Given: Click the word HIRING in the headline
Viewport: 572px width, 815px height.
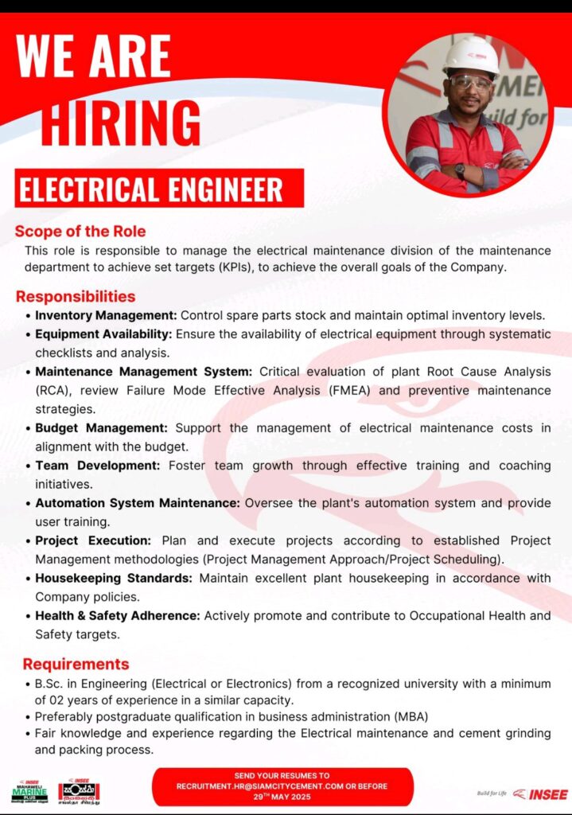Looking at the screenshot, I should point(121,124).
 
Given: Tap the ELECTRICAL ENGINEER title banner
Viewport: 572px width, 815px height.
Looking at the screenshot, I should point(151,189).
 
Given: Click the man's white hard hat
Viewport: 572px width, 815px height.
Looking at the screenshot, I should point(471,56).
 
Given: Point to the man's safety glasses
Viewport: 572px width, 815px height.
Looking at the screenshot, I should point(469,82).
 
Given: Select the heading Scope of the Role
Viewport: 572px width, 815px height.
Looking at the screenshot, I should point(80,232).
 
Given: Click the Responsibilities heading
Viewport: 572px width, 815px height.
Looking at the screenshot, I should point(76,297).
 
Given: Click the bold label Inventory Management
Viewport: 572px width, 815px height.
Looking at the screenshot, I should point(106,315).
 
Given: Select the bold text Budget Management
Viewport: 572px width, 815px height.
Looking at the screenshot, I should point(101,428).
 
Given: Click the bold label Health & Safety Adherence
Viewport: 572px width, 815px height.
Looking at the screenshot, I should point(118,615).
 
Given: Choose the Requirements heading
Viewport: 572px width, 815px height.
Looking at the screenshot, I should point(76,664).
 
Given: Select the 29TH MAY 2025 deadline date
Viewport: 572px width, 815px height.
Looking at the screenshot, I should point(282,796).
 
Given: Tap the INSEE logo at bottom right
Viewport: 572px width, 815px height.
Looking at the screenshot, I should point(540,794).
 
